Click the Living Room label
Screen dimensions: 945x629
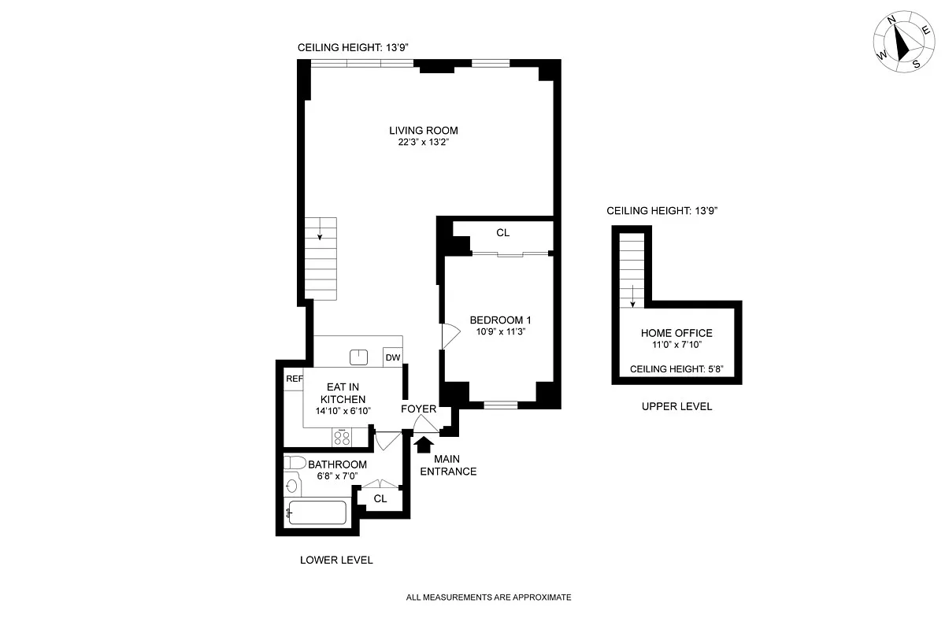[423, 131]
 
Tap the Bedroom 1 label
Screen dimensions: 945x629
[500, 320]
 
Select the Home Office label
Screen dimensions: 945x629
[676, 333]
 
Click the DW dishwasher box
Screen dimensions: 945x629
[392, 358]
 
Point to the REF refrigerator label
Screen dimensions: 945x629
[295, 379]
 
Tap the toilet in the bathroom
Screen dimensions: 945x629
[295, 462]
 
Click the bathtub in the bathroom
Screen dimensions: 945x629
[317, 512]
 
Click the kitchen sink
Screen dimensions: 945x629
[359, 357]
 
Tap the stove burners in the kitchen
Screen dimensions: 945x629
[342, 436]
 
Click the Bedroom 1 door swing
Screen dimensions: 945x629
[450, 336]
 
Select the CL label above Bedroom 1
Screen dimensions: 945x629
[502, 233]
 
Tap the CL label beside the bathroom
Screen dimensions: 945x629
[380, 499]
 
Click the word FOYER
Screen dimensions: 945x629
[418, 409]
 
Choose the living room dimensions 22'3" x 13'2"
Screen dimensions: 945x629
[423, 143]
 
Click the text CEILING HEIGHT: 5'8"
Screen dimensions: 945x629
[676, 368]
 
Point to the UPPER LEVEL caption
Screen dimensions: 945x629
[676, 406]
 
